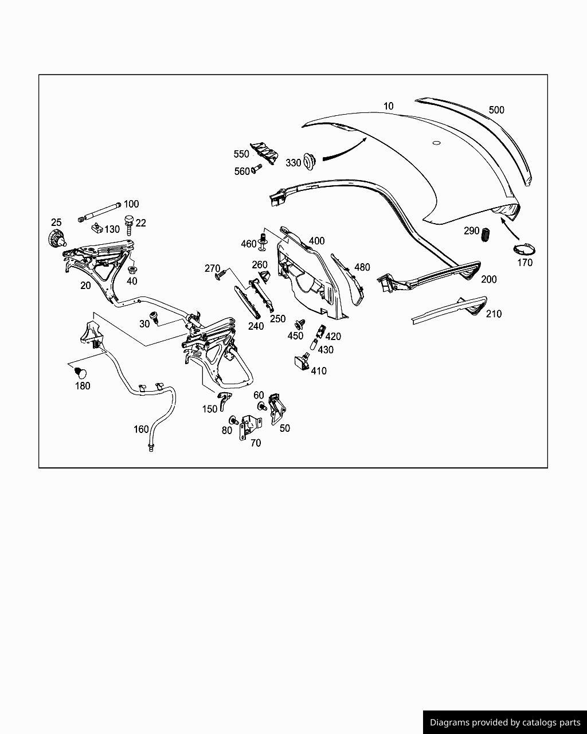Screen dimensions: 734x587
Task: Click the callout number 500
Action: [x=496, y=110]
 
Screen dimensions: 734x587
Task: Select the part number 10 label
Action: [x=389, y=106]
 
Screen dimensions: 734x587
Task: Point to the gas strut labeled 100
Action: [x=100, y=212]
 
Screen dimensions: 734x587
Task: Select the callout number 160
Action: [x=141, y=429]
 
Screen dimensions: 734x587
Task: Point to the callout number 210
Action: [x=493, y=314]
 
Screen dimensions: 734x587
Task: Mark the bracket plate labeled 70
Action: [x=249, y=427]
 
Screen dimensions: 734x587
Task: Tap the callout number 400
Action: [x=316, y=241]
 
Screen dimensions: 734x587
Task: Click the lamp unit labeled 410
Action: [x=301, y=362]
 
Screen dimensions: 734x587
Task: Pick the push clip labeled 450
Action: [x=299, y=324]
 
